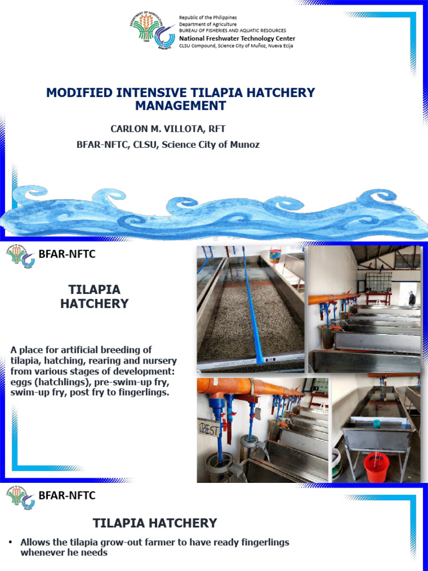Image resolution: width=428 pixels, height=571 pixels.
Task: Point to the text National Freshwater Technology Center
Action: pos(237,38)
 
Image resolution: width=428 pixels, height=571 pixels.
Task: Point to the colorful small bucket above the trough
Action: pos(274,255)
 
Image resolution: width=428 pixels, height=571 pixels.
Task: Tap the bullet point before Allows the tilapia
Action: pos(12,542)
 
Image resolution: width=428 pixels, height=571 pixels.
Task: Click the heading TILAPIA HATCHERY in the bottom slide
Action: pos(154,523)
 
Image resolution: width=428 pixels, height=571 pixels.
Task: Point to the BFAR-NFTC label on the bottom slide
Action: pos(67,495)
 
